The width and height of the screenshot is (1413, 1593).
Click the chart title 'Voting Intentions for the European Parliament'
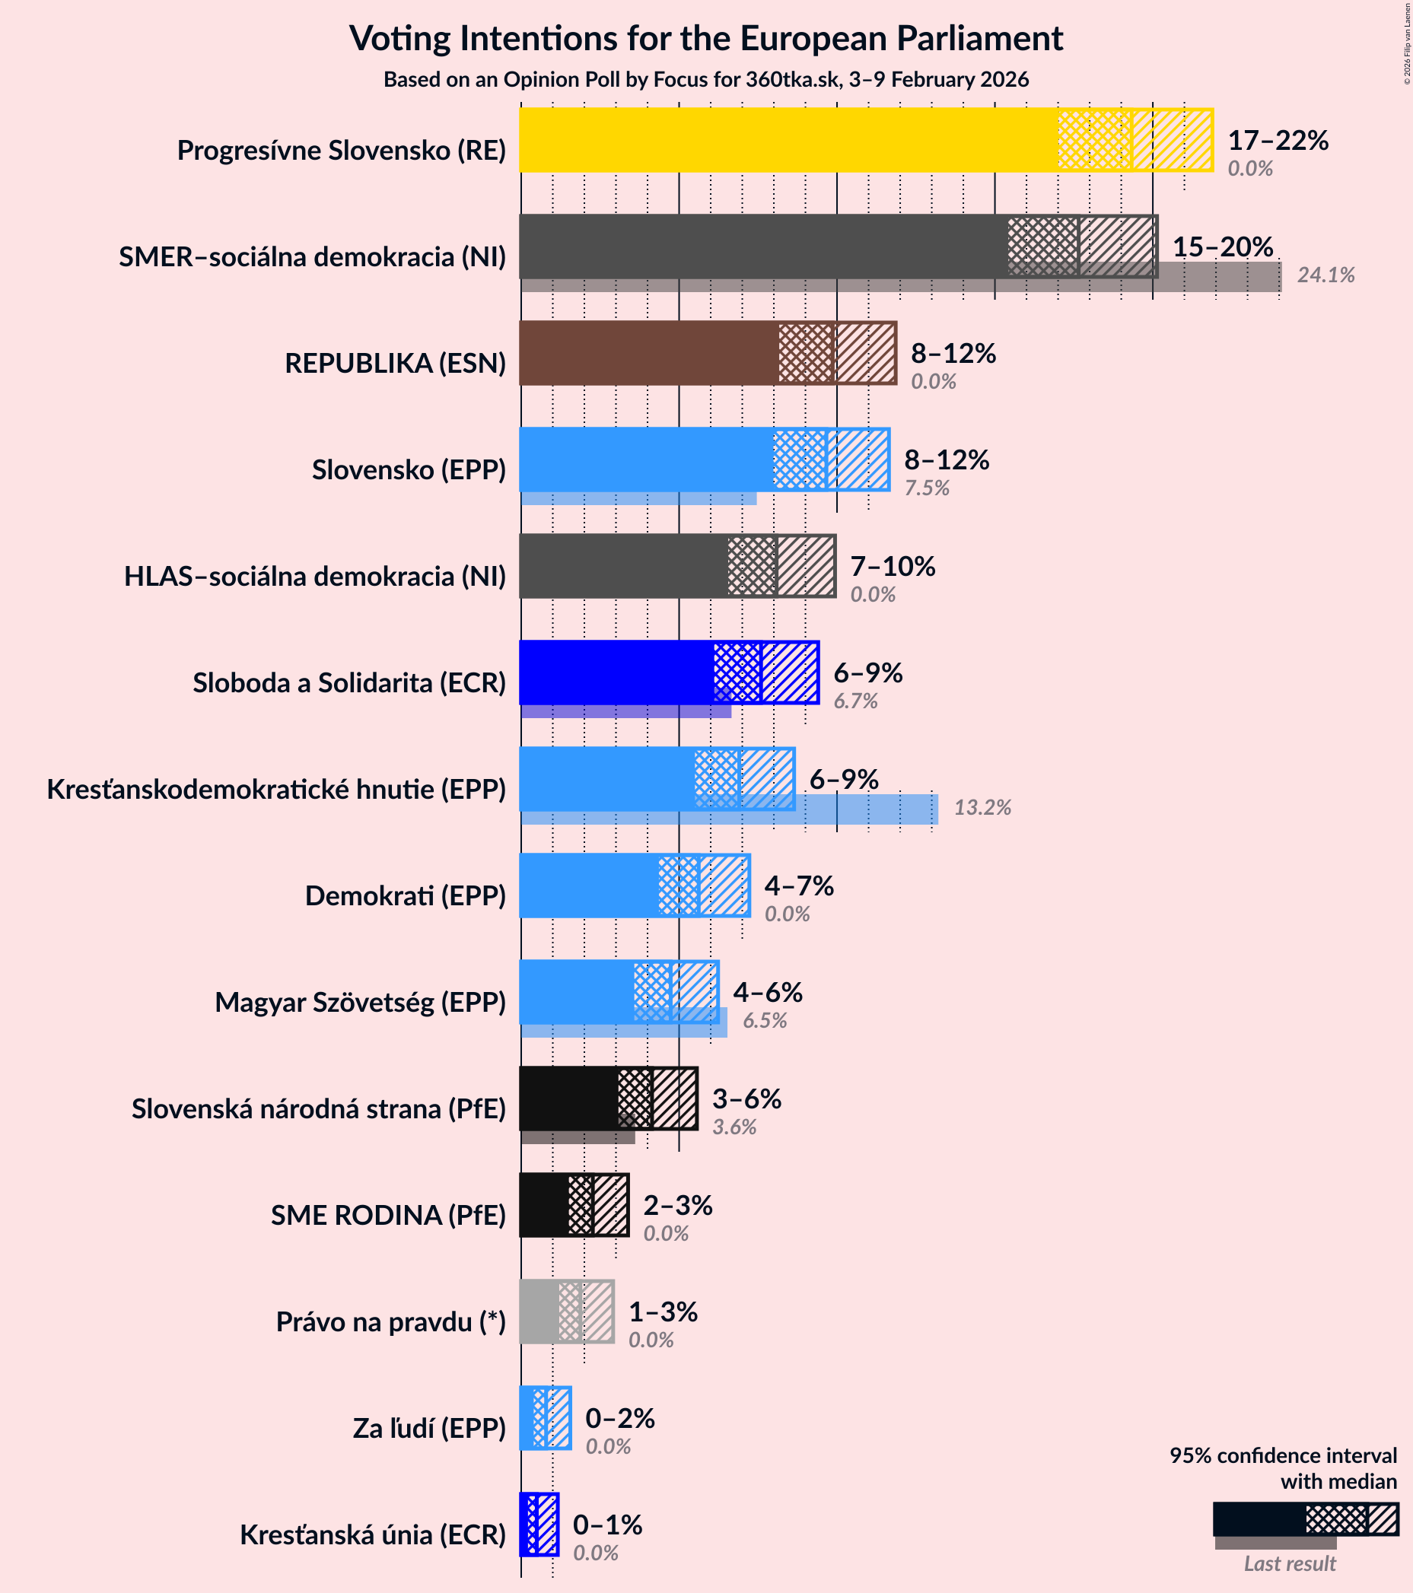pos(706,38)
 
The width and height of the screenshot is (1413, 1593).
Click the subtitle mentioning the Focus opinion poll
pos(706,79)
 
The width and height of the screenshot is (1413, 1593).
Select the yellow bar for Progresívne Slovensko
pos(788,140)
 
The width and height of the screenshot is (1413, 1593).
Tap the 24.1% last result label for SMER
pos(1325,275)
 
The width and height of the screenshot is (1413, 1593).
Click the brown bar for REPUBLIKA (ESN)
pos(647,353)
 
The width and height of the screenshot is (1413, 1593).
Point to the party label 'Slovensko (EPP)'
pos(409,470)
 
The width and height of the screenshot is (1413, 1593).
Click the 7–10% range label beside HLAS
pos(893,567)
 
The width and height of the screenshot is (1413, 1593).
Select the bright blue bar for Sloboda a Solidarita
pos(616,672)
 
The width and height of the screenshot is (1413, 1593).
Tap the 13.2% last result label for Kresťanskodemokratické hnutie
pos(982,807)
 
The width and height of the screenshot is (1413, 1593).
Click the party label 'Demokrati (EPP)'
pos(406,896)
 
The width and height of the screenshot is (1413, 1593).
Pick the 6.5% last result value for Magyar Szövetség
pos(765,1021)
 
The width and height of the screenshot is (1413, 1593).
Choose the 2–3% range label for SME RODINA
pos(677,1206)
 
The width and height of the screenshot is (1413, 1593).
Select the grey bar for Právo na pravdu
pos(539,1312)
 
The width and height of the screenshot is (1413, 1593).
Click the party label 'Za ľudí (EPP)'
pos(429,1429)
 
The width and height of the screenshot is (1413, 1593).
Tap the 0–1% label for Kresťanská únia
pos(607,1525)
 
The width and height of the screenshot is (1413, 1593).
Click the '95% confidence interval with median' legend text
pos(1283,1468)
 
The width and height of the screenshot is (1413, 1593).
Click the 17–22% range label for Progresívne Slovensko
pos(1278,140)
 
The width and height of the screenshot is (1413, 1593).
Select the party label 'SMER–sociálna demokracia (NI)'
pos(312,257)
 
